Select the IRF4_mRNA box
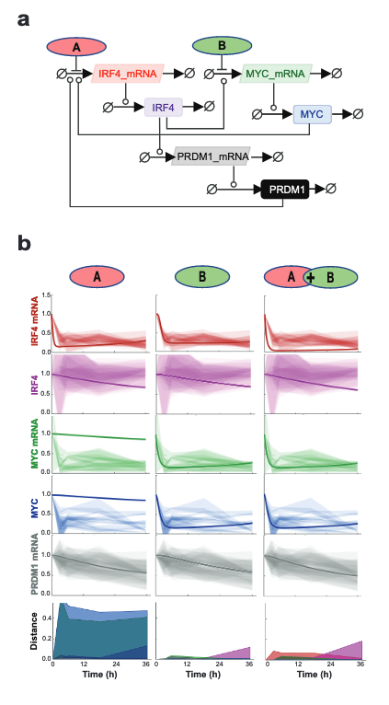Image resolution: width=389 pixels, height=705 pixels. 128,73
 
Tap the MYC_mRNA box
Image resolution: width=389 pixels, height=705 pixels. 275,73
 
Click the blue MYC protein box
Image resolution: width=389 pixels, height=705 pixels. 310,114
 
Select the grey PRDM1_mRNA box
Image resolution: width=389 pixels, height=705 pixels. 212,156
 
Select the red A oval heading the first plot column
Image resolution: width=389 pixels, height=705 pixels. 96,277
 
